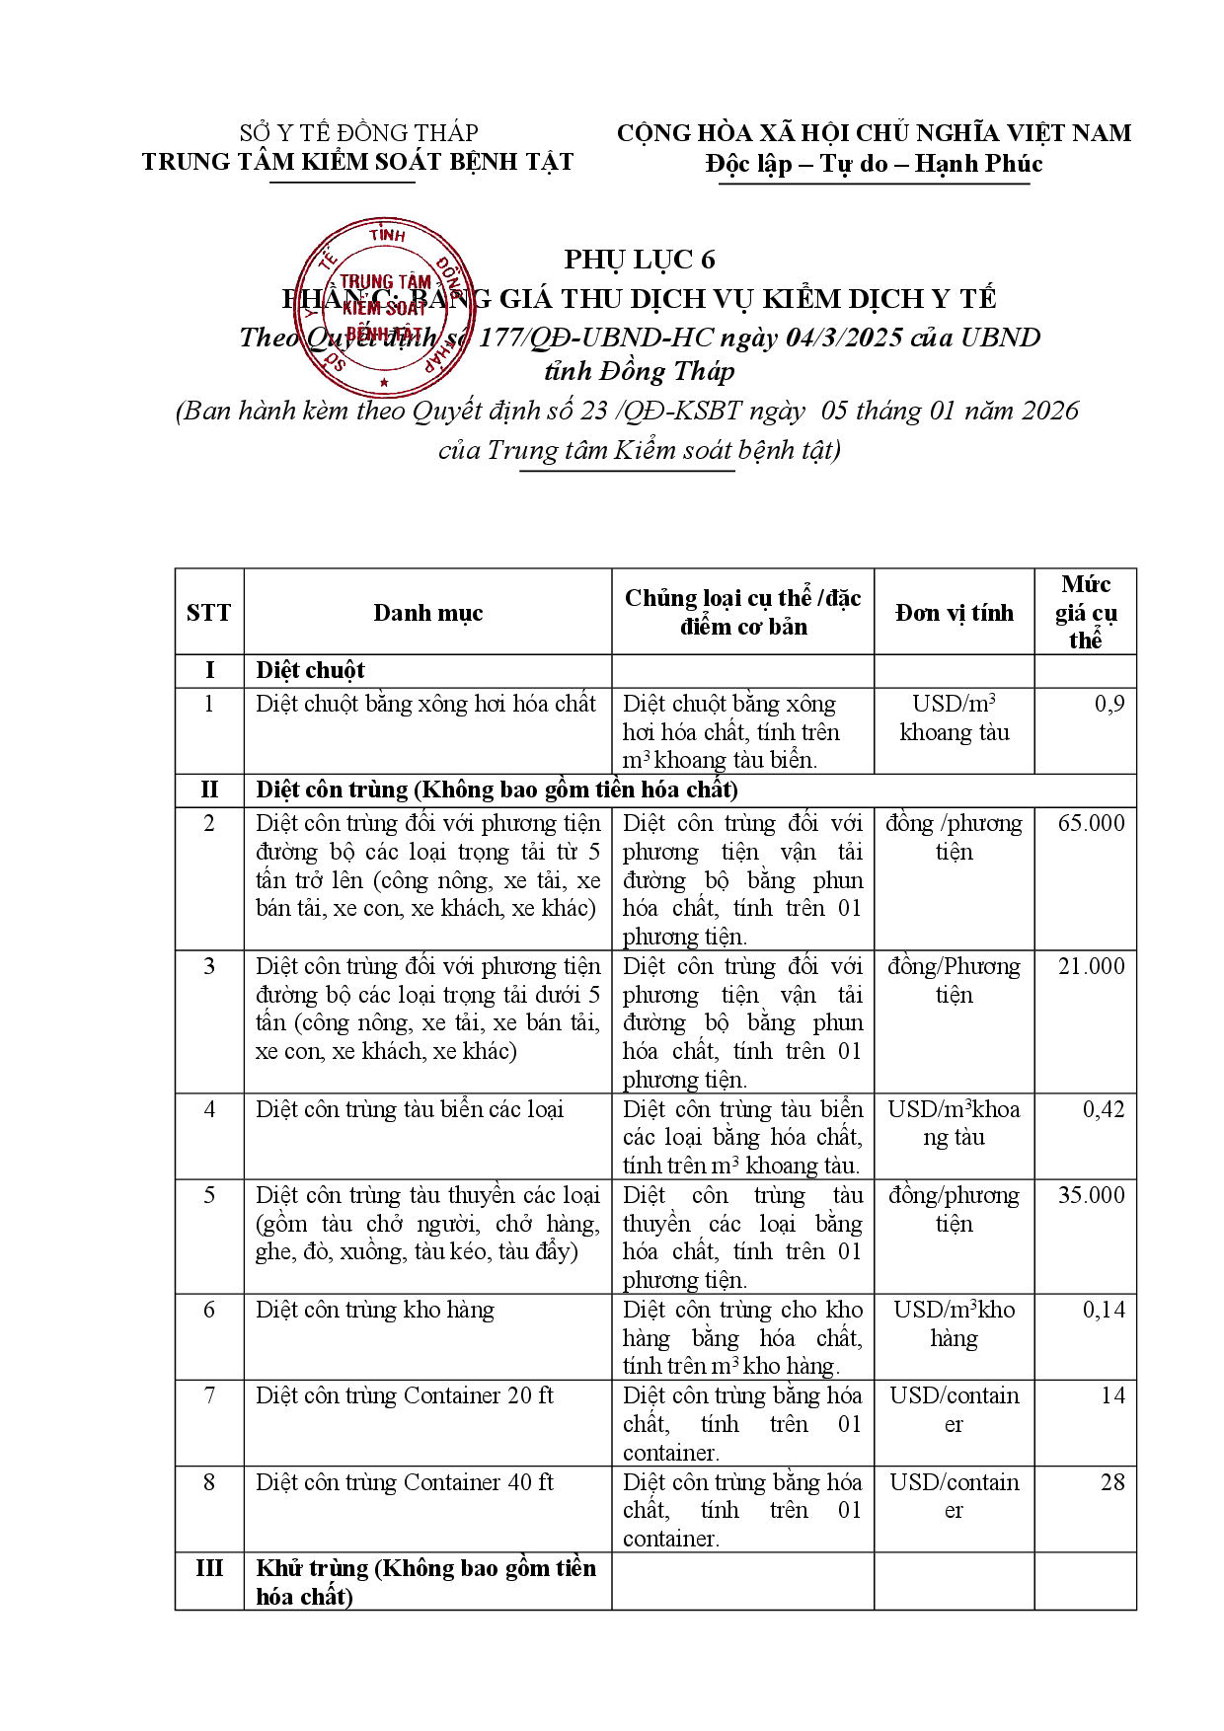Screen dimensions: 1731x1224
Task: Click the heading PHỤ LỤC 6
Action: (x=640, y=260)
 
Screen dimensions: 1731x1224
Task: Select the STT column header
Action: (x=208, y=613)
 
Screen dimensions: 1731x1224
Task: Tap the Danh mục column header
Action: (x=427, y=613)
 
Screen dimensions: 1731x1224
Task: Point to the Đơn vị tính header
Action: (x=954, y=613)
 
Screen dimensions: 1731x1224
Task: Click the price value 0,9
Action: (x=1109, y=704)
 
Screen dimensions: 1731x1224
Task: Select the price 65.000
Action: (x=1091, y=823)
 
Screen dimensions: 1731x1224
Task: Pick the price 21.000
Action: (x=1091, y=966)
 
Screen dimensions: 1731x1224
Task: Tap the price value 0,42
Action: (x=1104, y=1109)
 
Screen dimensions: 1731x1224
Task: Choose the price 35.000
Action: (x=1091, y=1195)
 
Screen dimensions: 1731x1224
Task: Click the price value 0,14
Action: (x=1104, y=1310)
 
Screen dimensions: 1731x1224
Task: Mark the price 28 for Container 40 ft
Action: (x=1112, y=1482)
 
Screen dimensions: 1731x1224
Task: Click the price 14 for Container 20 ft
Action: (x=1112, y=1395)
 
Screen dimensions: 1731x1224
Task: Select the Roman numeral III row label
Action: (x=209, y=1568)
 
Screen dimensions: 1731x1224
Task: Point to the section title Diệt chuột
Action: (x=310, y=671)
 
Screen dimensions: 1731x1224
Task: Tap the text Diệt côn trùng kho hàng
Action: (x=374, y=1310)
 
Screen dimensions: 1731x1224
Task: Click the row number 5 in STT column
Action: (x=209, y=1195)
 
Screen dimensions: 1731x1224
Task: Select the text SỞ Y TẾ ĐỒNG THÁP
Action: (x=358, y=133)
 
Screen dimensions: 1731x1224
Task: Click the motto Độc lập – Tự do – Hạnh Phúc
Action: (x=874, y=164)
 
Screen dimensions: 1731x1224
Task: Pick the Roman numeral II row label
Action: (x=209, y=790)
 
